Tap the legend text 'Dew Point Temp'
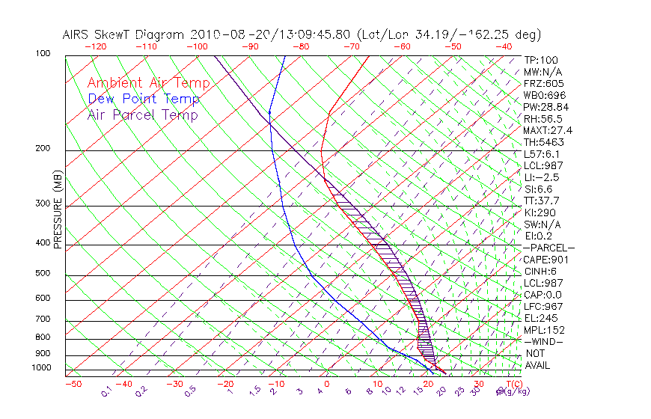144,99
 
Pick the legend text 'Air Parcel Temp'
143,114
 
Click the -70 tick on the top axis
350,46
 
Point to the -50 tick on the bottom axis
73,384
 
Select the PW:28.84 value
545,107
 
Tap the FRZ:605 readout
543,83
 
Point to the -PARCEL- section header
548,248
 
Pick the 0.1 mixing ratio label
107,391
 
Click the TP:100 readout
540,60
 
